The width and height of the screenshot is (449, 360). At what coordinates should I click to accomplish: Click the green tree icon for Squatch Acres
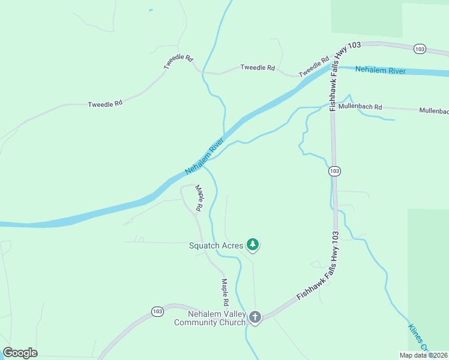253,244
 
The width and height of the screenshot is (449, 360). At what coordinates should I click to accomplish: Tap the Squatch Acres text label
216,245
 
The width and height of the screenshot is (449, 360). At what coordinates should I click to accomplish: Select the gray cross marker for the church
255,317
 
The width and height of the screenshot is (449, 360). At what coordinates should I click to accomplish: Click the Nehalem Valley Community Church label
209,318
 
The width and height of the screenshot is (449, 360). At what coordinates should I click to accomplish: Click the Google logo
20,353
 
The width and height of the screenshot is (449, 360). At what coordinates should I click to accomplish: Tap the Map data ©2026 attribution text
423,355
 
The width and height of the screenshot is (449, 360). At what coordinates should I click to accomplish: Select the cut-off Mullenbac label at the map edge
433,111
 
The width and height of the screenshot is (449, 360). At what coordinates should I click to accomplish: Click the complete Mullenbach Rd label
360,107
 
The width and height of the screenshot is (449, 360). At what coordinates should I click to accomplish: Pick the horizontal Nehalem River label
381,71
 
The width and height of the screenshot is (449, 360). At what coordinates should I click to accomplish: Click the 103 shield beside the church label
157,311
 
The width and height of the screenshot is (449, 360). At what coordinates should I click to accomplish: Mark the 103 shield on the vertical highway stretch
334,172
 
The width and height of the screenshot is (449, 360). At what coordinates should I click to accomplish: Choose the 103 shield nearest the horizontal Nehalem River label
420,49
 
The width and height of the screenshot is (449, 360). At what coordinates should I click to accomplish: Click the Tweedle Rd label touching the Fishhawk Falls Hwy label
314,67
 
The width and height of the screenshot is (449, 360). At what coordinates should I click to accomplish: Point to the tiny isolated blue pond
150,10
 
